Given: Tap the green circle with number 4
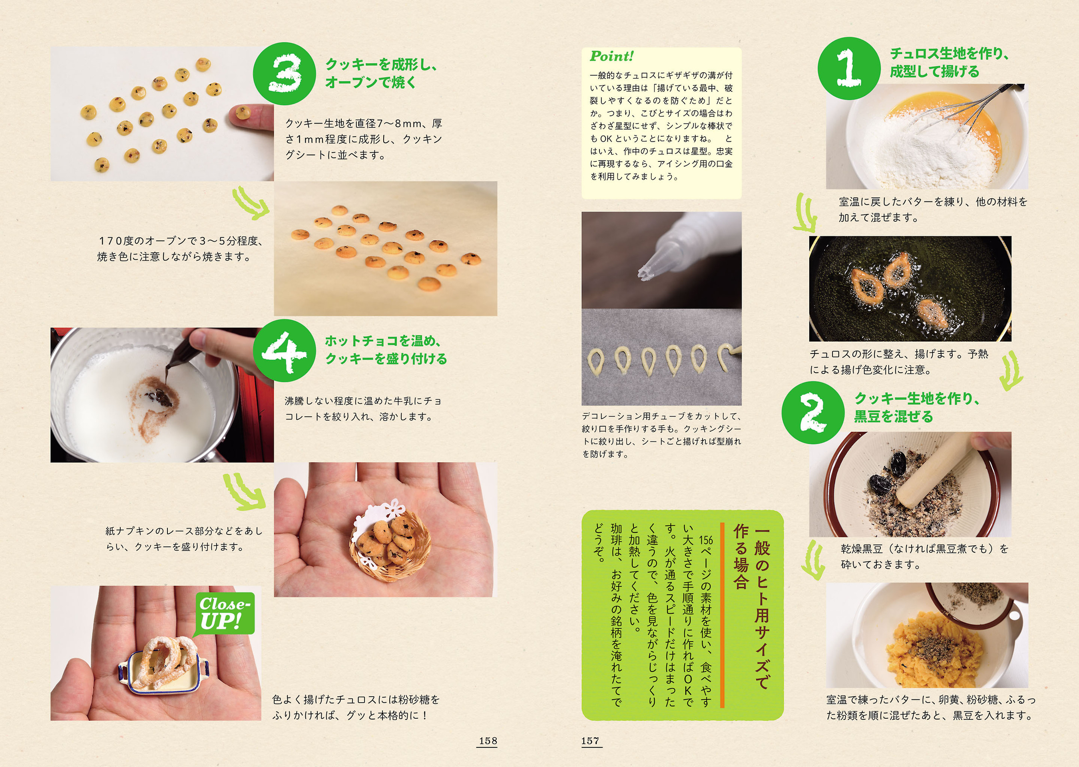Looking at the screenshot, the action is point(285,350).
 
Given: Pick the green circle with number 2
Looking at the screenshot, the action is point(813,412).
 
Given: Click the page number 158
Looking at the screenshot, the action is point(488,741).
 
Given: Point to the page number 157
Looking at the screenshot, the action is point(591,741).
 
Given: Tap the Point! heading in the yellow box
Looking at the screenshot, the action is point(612,56).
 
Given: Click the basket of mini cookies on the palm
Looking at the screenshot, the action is point(390,543).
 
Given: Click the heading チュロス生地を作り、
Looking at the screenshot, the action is point(950,54).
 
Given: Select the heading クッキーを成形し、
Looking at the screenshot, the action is point(381,64).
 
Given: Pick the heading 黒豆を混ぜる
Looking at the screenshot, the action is point(893,417).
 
